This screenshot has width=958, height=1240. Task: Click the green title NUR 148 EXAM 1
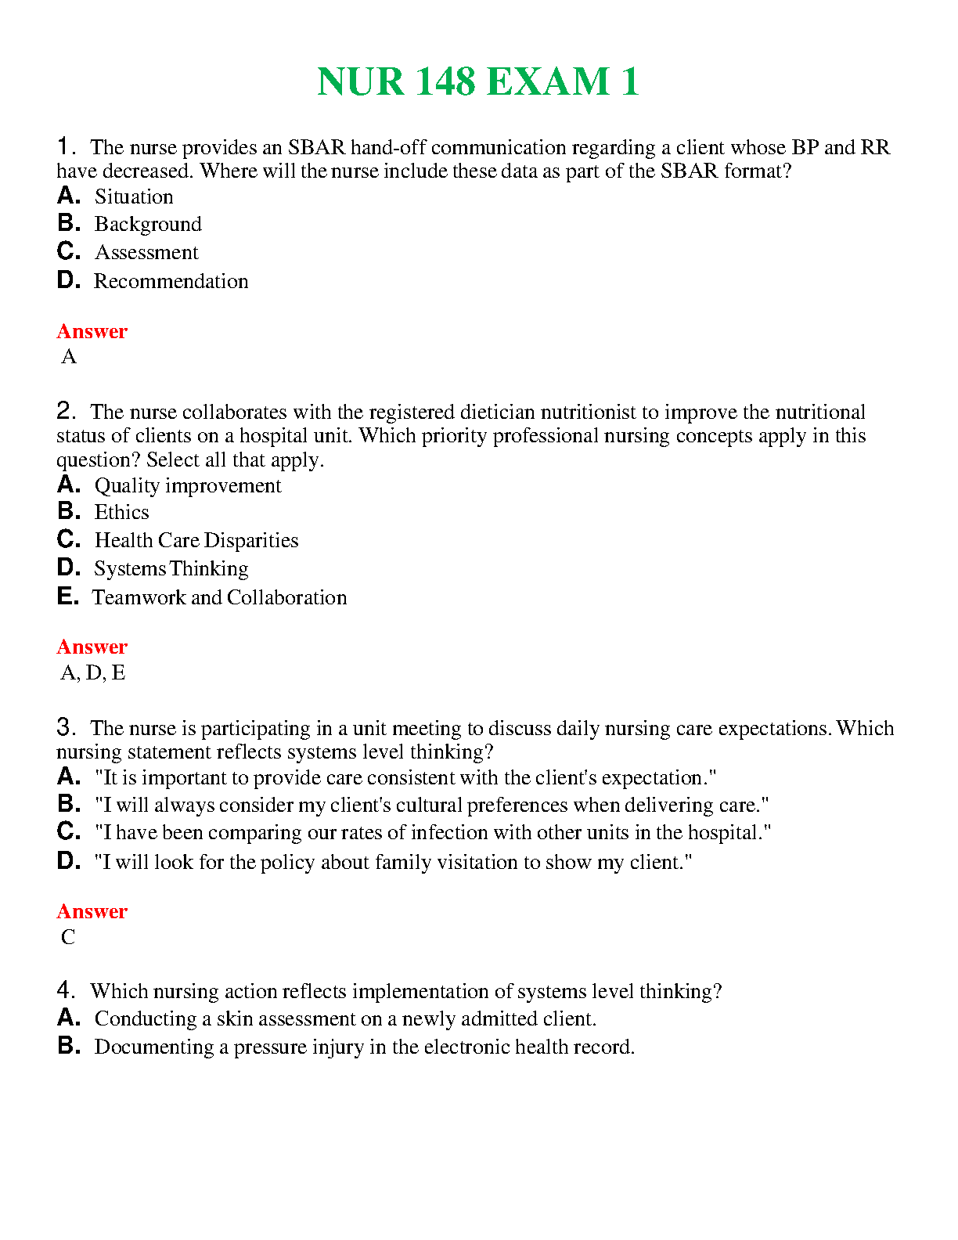point(477,82)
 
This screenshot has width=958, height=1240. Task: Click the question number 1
point(65,146)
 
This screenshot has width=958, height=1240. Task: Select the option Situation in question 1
point(134,196)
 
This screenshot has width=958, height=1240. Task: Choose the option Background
point(148,225)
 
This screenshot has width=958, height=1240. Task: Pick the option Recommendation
point(171,281)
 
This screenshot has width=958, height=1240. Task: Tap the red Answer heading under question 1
point(92,331)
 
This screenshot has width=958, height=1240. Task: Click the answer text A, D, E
point(93,672)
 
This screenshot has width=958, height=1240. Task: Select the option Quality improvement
point(188,486)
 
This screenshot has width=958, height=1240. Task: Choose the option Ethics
point(121,512)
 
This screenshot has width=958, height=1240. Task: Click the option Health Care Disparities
point(196,540)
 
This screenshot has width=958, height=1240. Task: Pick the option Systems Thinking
point(171,568)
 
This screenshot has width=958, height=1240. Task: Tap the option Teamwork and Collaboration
point(219,597)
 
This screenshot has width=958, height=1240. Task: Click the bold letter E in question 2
point(67,597)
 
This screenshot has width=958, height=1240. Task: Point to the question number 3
point(65,727)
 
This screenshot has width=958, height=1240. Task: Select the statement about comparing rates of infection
point(433,832)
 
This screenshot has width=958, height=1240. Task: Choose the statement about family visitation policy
point(393,862)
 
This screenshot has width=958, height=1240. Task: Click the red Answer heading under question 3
point(92,911)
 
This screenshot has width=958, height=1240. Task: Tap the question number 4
point(65,990)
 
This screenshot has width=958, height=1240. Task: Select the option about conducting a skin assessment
point(345,1018)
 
